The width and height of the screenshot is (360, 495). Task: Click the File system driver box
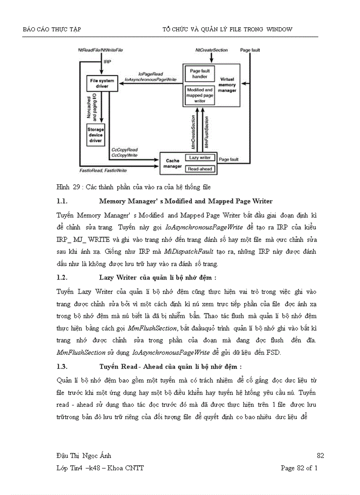102,83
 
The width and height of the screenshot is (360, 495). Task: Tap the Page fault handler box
199,74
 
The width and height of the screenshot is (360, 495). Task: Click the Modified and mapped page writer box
199,95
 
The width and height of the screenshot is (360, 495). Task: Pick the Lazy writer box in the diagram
200,157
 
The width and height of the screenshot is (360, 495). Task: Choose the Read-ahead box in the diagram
200,168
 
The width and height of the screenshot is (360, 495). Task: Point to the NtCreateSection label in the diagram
212,50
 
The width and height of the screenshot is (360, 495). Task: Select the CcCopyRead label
124,150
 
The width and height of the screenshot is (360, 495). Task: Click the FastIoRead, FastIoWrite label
103,170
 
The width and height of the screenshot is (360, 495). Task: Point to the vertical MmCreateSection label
193,131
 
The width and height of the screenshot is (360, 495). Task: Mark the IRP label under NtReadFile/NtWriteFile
107,62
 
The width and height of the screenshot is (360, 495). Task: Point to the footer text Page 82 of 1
299,468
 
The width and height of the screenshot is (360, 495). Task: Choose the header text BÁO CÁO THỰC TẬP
52,30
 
